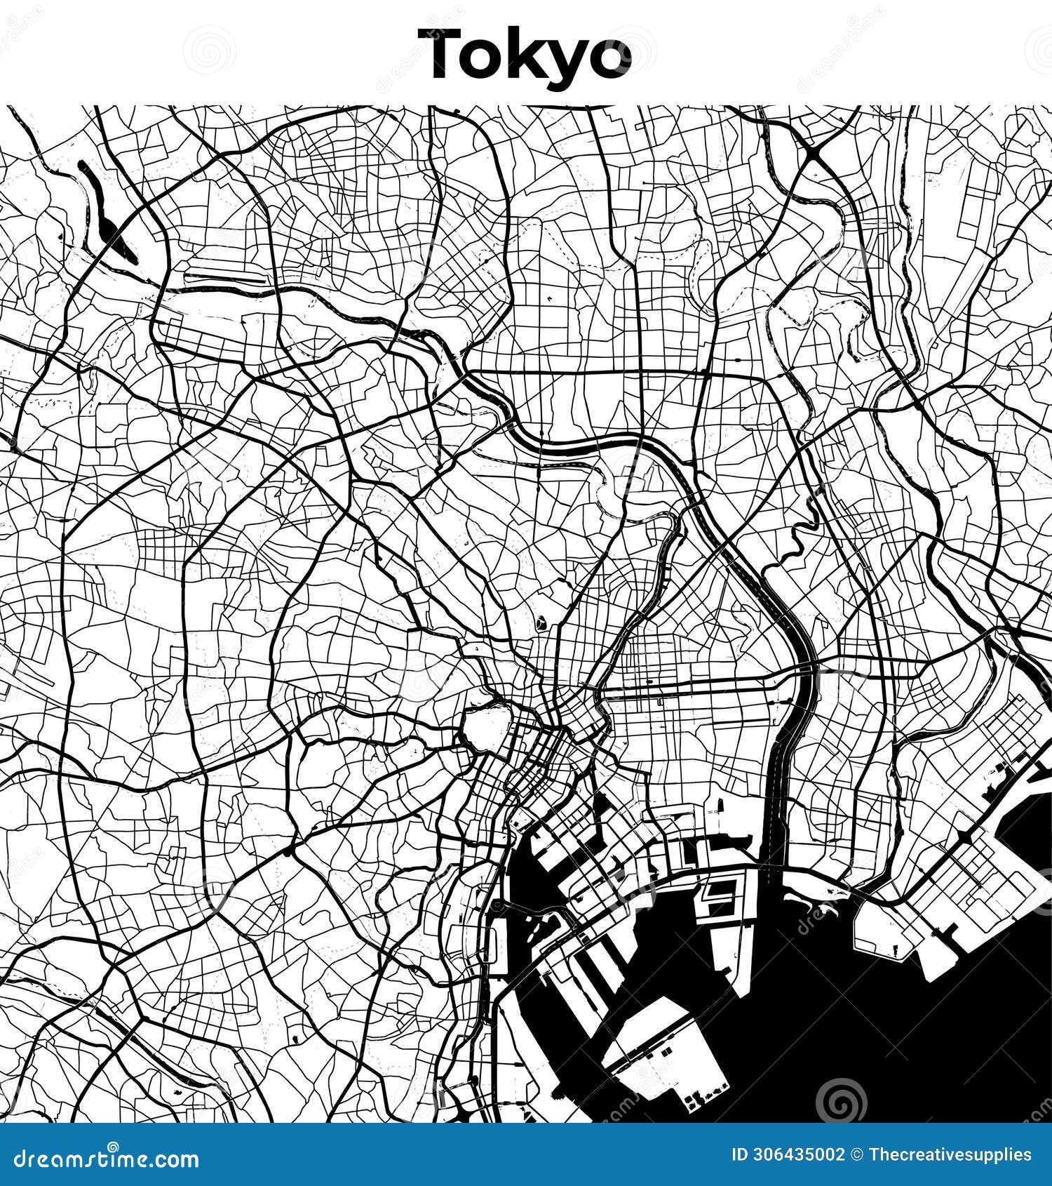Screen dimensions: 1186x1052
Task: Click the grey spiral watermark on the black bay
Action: [x=841, y=1099]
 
